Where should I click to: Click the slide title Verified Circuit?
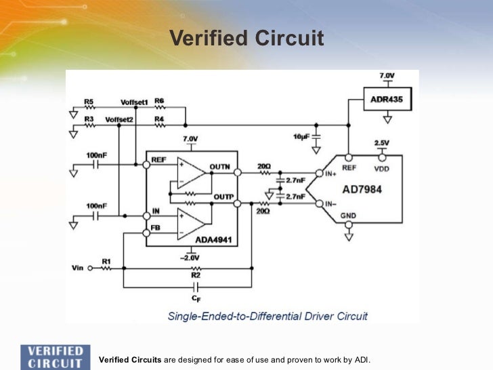click(x=246, y=38)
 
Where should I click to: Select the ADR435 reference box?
click(x=387, y=100)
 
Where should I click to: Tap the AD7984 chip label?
click(x=362, y=189)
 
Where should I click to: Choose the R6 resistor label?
click(x=159, y=101)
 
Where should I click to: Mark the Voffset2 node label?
click(x=119, y=119)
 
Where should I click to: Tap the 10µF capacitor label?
click(x=301, y=138)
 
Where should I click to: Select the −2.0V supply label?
click(x=190, y=257)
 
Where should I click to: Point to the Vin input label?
click(x=77, y=268)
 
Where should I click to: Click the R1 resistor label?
click(x=106, y=260)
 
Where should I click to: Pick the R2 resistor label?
click(x=196, y=276)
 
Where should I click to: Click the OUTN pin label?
click(x=220, y=166)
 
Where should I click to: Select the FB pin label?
click(x=156, y=228)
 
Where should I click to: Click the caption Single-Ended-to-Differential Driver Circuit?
click(x=267, y=316)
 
